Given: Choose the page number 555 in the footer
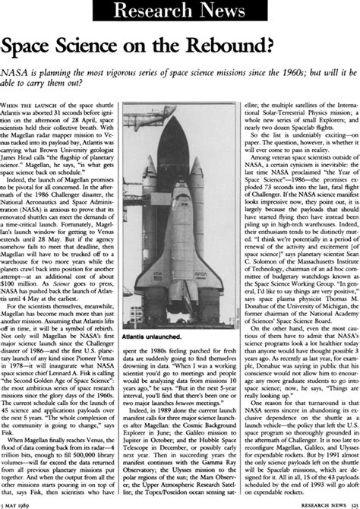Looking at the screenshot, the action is (350, 504).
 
